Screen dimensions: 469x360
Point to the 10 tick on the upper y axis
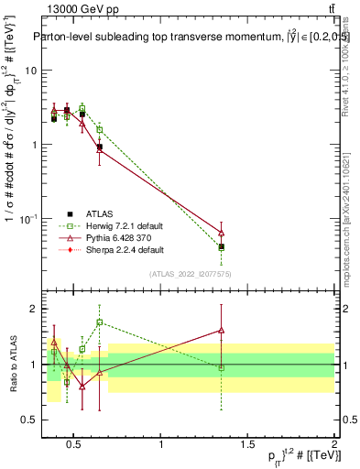pyautogui.click(x=32, y=71)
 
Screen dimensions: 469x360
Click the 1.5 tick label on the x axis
pyautogui.click(x=247, y=446)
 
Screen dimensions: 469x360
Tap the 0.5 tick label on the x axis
pyautogui.click(x=74, y=446)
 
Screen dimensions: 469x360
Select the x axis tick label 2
pyautogui.click(x=333, y=446)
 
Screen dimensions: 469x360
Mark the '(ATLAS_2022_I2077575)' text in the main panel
pyautogui.click(x=190, y=274)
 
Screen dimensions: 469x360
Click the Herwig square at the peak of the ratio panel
pyautogui.click(x=99, y=322)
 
